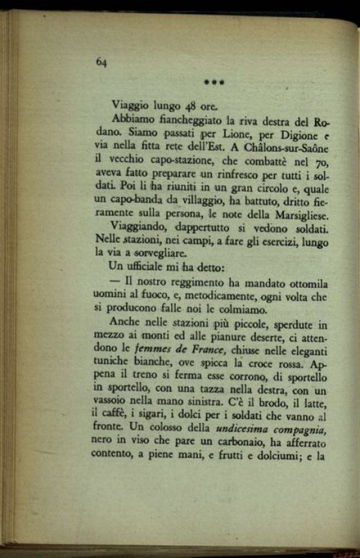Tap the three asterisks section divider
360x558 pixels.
tap(214, 82)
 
